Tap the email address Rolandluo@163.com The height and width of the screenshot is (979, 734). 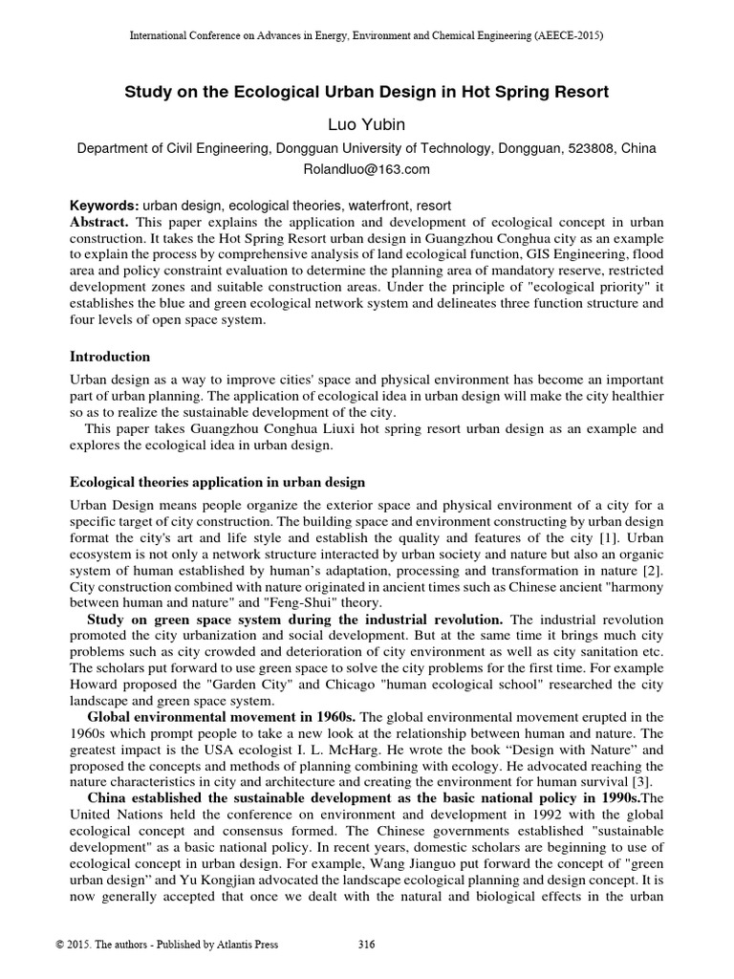pyautogui.click(x=367, y=169)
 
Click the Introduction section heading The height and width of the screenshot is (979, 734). pyautogui.click(x=110, y=357)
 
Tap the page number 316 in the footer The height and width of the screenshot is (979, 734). pyautogui.click(x=366, y=946)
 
